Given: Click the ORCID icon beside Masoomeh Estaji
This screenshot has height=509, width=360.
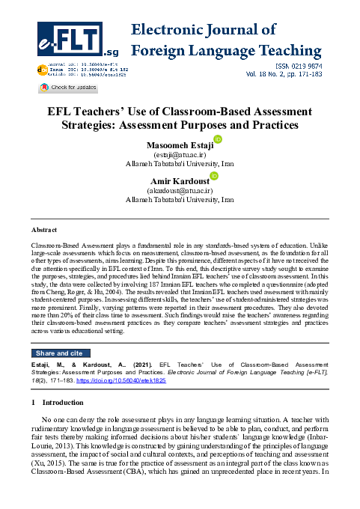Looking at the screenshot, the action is [x=218, y=139].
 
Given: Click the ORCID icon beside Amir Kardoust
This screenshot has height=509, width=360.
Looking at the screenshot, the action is [x=213, y=175].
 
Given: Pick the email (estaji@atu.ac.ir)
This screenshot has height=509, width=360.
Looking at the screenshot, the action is [x=179, y=154].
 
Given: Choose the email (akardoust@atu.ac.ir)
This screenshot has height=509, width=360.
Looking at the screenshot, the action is [x=179, y=190].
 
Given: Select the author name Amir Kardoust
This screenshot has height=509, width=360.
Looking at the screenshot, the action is [x=179, y=180].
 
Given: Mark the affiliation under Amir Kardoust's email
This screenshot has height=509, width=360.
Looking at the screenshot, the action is [x=179, y=200].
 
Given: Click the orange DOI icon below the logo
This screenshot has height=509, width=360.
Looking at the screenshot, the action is [x=41, y=69].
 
